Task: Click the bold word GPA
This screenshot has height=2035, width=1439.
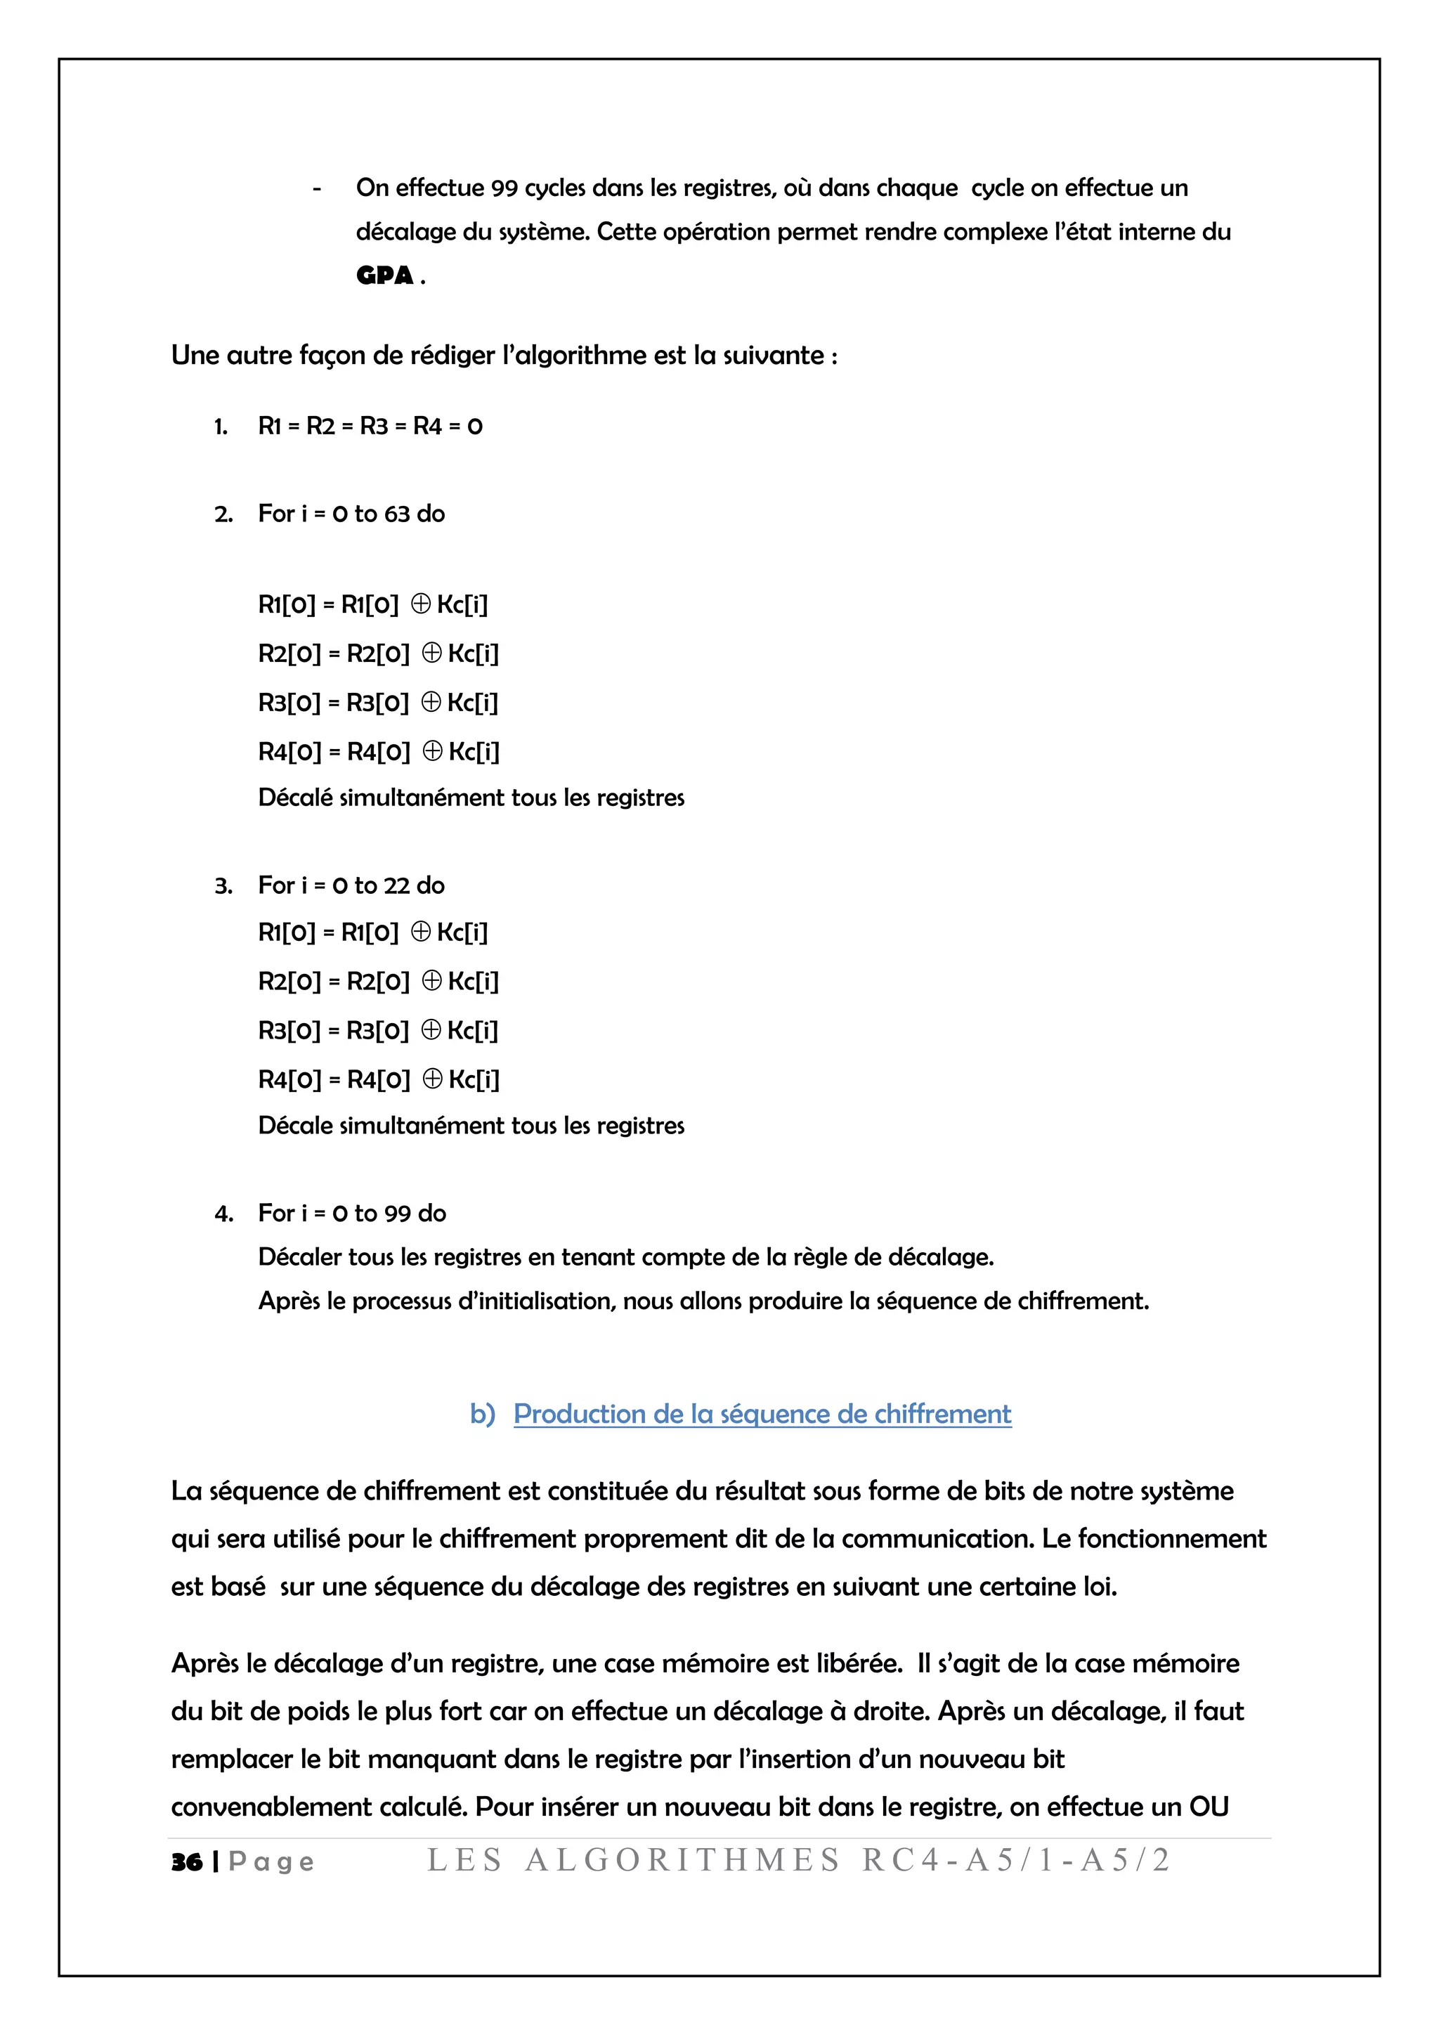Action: pos(384,275)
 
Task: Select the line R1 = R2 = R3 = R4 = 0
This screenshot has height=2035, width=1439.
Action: pos(370,427)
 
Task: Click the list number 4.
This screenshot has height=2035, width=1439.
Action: pos(223,1214)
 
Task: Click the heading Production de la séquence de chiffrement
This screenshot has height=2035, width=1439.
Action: pos(762,1414)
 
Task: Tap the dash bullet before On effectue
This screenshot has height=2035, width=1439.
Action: pos(316,188)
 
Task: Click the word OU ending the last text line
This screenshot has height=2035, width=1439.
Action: pos(1209,1807)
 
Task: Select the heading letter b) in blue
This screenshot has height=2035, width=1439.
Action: pos(482,1414)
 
